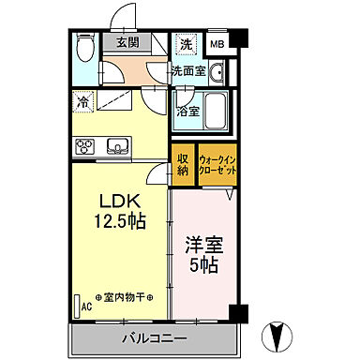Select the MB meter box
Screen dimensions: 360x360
point(217,44)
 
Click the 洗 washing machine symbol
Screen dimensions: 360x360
point(186,44)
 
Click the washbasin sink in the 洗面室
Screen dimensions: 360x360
point(215,73)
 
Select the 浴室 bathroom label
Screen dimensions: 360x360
point(187,112)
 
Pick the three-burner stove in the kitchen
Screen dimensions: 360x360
point(86,145)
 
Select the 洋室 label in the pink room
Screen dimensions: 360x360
point(203,247)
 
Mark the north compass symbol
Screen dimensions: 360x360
point(282,334)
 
